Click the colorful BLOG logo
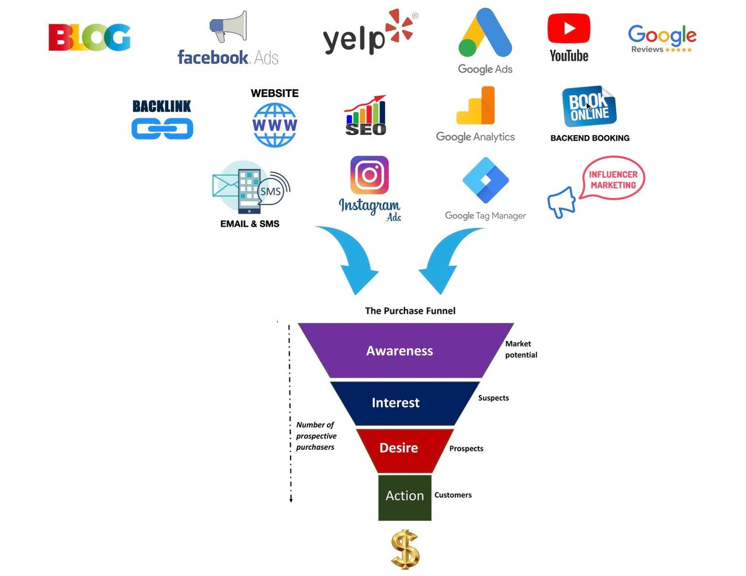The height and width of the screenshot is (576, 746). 89,37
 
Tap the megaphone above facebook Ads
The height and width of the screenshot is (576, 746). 228,26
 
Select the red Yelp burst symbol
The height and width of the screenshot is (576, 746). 399,26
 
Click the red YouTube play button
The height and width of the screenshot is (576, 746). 569,28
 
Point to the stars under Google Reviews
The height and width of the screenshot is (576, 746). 678,50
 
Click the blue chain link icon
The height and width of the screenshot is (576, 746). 162,128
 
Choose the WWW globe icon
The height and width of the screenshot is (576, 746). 275,125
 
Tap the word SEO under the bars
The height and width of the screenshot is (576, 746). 366,130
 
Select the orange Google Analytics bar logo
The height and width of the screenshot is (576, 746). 476,105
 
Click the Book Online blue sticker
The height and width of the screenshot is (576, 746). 589,106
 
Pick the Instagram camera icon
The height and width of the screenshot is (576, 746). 370,175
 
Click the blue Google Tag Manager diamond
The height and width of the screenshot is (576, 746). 485,180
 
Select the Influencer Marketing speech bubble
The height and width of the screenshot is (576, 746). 613,178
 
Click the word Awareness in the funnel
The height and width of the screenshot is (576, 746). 399,351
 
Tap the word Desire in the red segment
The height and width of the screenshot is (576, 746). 399,448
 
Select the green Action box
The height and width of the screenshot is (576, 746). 405,497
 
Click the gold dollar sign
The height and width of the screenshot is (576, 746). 406,549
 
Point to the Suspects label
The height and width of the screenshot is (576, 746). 494,398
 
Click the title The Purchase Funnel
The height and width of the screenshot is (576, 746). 410,311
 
